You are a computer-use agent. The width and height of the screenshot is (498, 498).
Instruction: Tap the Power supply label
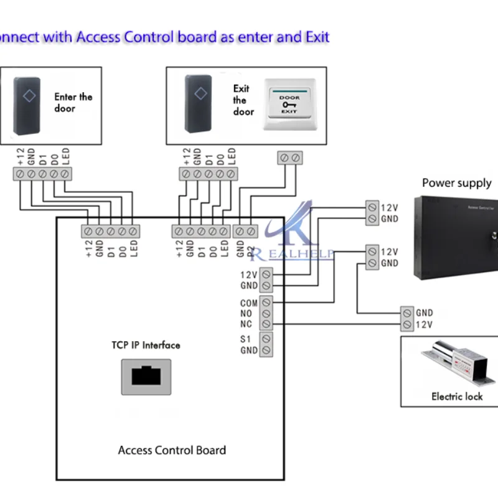pyautogui.click(x=456, y=183)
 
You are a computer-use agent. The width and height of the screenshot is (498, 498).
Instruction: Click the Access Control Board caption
pyautogui.click(x=172, y=450)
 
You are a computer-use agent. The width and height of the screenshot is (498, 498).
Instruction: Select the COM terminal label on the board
pyautogui.click(x=248, y=303)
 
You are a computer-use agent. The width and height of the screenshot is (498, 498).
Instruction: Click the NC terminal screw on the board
pyautogui.click(x=266, y=324)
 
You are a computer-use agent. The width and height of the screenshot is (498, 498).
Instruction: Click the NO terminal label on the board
pyautogui.click(x=247, y=314)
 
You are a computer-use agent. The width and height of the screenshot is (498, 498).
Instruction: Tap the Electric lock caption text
pyautogui.click(x=456, y=397)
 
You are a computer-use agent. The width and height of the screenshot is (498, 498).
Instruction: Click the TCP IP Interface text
pyautogui.click(x=146, y=345)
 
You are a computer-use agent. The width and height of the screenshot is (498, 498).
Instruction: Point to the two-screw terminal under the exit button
pyautogui.click(x=289, y=158)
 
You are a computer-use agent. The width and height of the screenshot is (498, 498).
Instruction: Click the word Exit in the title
pyautogui.click(x=317, y=37)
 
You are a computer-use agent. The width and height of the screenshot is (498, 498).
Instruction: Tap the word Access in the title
pyautogui.click(x=98, y=37)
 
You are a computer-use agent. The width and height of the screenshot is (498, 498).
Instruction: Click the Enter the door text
pyautogui.click(x=73, y=103)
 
